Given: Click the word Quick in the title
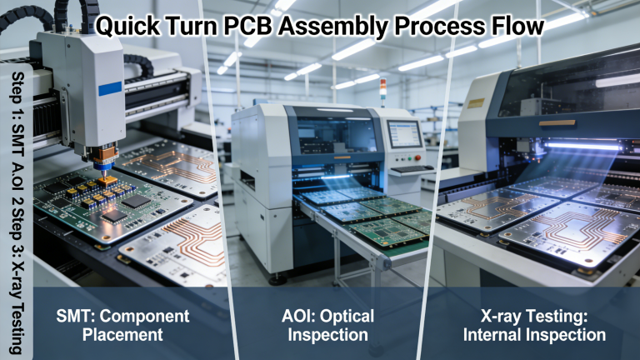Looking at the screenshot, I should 124,26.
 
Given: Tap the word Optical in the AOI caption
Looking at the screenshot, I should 345,317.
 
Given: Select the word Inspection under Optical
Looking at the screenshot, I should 324,335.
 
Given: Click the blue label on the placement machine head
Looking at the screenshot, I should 110,87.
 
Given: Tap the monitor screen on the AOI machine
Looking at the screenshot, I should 405,133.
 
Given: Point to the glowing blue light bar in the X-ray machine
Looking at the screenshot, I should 583,146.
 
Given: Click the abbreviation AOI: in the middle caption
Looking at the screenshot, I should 298,317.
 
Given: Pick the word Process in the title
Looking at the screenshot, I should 431,26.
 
